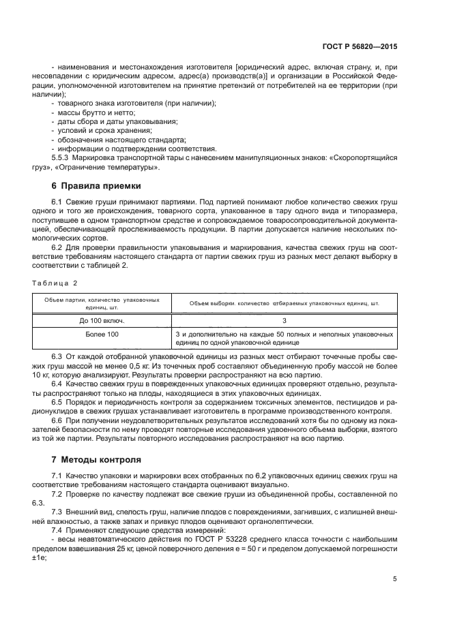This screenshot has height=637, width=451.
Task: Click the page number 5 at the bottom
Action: [395, 580]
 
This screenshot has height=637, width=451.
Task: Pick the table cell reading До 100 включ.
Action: [102, 320]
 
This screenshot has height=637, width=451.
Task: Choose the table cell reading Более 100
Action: [102, 334]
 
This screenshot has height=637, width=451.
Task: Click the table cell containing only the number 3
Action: [283, 320]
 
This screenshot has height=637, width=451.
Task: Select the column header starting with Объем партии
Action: [102, 302]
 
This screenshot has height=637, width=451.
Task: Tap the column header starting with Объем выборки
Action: [283, 303]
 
